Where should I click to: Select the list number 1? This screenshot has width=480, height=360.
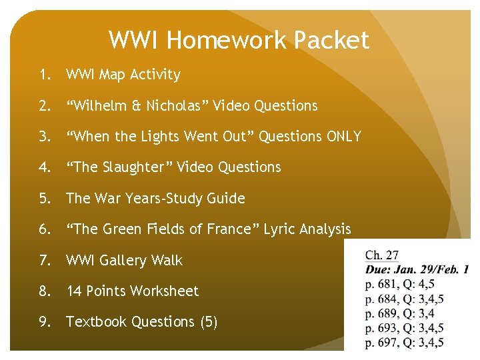point(44,75)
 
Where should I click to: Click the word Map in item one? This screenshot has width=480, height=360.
point(112,75)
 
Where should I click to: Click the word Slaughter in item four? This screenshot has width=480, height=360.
point(139,167)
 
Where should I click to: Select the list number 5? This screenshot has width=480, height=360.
point(44,199)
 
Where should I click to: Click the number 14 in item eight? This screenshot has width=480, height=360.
point(74,291)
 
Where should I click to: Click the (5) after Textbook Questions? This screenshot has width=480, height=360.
point(209,322)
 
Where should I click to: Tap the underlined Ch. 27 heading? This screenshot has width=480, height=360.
point(382,255)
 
